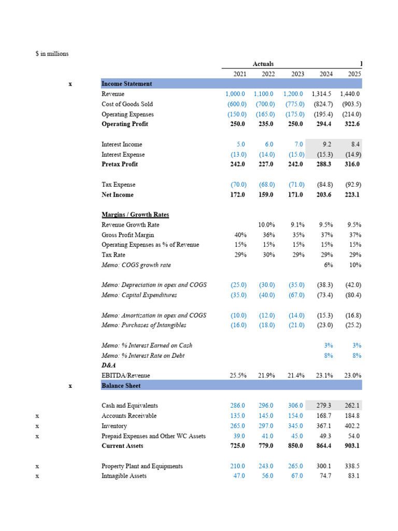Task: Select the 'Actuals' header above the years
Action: [x=263, y=64]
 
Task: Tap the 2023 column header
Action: [x=297, y=74]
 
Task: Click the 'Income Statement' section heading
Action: [x=126, y=84]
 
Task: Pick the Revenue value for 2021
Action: [x=236, y=94]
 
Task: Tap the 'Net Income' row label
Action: [x=117, y=195]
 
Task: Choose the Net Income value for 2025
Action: [x=350, y=195]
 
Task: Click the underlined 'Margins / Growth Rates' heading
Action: [x=135, y=215]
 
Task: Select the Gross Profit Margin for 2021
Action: [x=240, y=235]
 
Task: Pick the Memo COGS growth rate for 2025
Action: [x=354, y=265]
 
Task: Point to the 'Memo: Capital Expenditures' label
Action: [x=139, y=295]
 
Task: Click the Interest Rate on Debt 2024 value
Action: [x=328, y=356]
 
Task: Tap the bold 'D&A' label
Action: [x=109, y=366]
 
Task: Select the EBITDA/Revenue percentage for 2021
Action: [x=237, y=375]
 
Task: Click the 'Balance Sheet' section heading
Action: [x=121, y=386]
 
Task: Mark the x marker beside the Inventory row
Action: [x=37, y=426]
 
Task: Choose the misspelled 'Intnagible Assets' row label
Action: [x=124, y=476]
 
